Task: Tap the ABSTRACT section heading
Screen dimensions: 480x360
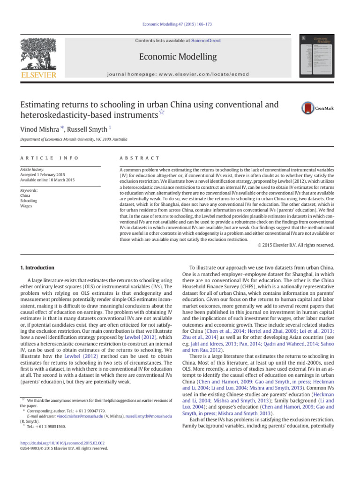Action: point(140,158)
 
